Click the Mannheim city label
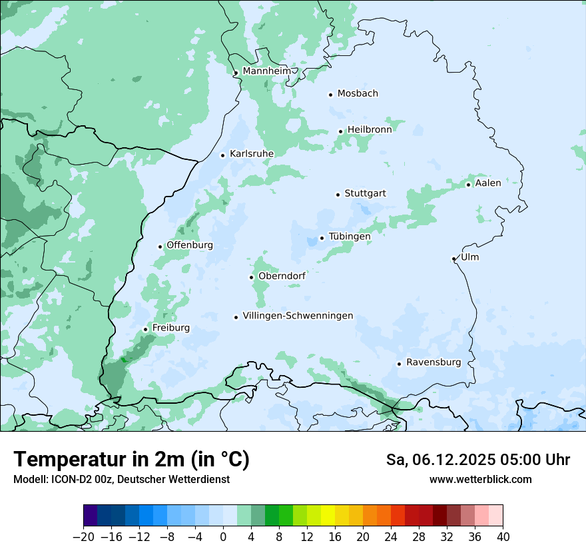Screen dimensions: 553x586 point(266,71)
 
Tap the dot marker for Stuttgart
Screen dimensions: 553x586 point(338,195)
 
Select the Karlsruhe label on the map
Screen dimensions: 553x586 point(251,154)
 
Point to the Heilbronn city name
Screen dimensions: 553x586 point(369,130)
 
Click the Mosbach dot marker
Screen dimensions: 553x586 point(330,95)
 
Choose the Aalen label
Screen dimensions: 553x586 point(487,183)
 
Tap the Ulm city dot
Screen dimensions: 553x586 point(453,259)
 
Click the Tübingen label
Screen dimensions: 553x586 point(349,237)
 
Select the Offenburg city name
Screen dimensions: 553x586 point(190,245)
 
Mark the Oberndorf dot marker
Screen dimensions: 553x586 point(252,277)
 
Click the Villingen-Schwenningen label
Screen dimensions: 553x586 point(298,316)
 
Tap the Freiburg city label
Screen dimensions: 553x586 point(170,328)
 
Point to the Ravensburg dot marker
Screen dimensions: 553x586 point(399,364)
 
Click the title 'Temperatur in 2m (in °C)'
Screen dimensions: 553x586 point(131,460)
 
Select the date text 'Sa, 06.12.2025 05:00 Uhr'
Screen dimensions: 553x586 point(477,460)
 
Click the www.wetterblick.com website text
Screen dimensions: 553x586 point(480,480)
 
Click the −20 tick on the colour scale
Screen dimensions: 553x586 point(84,537)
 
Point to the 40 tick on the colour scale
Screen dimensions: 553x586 point(503,537)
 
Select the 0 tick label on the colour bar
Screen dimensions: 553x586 point(223,537)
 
